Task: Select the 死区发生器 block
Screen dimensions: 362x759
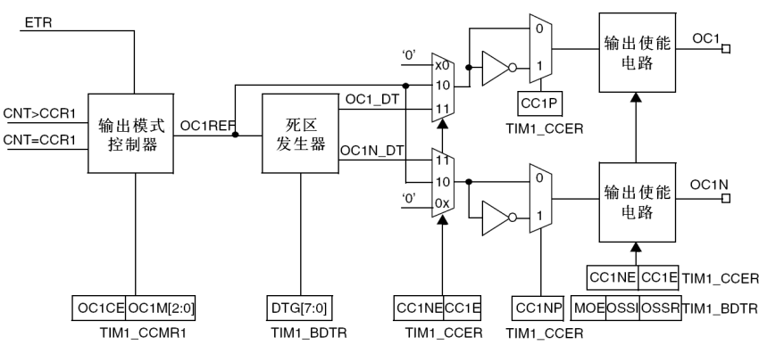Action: coord(300,133)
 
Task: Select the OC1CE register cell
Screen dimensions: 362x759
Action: coord(99,309)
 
